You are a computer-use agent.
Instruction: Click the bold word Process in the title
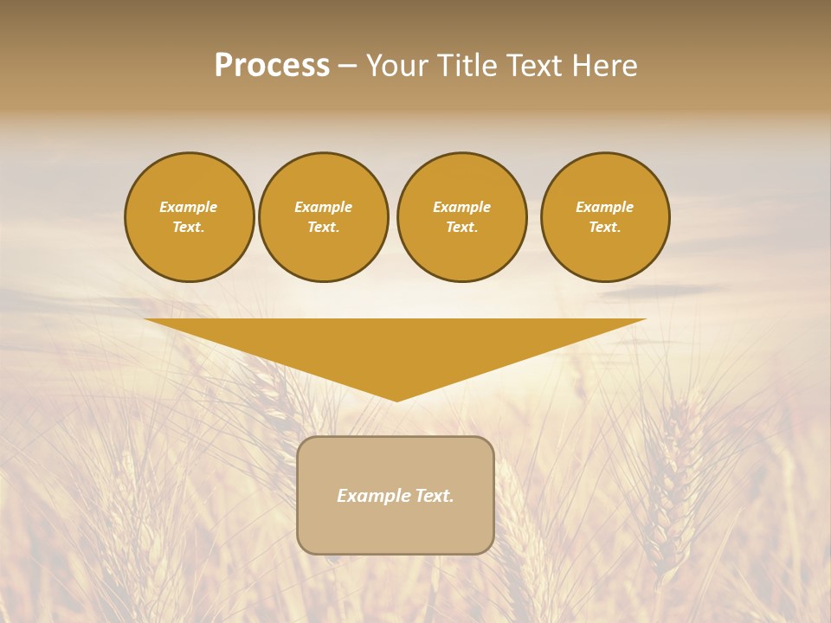(x=272, y=66)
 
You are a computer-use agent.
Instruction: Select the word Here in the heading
(x=603, y=66)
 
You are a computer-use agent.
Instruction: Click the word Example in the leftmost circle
(x=189, y=208)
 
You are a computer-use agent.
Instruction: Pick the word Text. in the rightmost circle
(x=605, y=228)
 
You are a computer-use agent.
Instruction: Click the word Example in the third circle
(x=462, y=208)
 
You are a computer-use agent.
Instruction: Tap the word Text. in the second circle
(x=324, y=228)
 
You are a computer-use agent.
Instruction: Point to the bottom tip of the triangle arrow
(x=396, y=400)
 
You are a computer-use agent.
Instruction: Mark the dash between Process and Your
(x=347, y=67)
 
